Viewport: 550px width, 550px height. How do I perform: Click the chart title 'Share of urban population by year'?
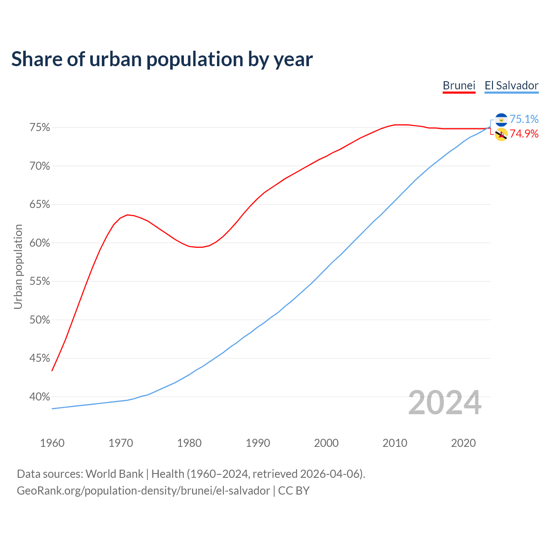coord(162,59)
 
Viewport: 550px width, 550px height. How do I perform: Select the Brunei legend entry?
coord(459,86)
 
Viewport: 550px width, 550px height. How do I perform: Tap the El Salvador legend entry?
coord(511,86)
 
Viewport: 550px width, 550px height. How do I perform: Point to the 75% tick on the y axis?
coord(40,128)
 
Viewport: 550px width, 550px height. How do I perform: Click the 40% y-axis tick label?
coord(40,397)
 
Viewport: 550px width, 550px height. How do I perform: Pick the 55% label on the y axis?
coord(40,281)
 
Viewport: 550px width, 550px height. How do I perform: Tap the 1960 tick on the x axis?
coord(52,443)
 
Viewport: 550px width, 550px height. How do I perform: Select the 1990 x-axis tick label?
coord(258,443)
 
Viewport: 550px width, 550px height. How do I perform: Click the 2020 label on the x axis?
coord(463,443)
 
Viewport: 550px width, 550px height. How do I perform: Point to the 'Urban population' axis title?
coord(18,266)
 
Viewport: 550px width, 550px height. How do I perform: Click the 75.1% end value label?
coord(524,119)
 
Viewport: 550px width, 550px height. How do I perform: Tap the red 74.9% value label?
coord(524,134)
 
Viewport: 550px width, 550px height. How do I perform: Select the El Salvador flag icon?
coord(501,120)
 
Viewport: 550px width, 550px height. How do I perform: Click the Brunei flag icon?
coord(501,134)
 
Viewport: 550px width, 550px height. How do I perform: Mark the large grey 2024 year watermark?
coord(445,403)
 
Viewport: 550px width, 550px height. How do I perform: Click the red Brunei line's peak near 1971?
coord(127,215)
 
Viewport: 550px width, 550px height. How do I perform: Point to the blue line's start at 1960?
coord(52,409)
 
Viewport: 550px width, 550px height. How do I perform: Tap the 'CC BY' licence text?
coord(294,491)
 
